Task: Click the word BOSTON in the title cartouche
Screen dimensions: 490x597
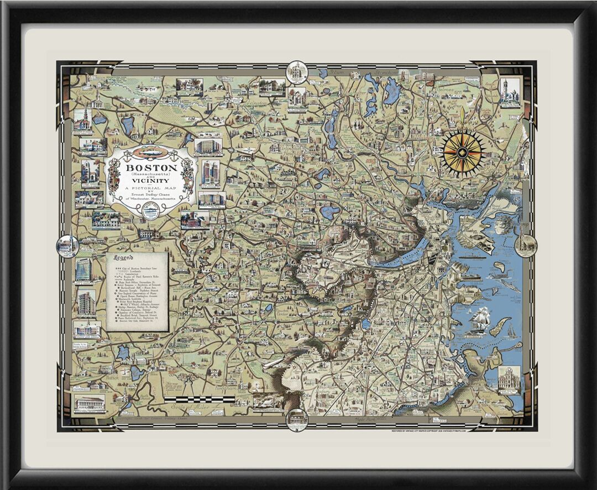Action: (151, 167)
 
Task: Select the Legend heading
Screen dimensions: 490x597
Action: (123, 258)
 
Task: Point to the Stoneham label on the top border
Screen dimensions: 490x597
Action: (385, 72)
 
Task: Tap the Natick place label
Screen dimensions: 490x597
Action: (111, 378)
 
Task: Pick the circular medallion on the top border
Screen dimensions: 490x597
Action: (296, 71)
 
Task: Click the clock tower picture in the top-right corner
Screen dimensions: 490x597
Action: (509, 91)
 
